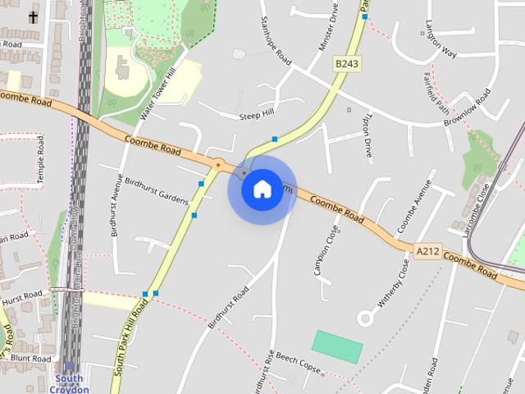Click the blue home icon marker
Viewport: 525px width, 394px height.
[261, 189]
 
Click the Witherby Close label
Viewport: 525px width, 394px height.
[393, 283]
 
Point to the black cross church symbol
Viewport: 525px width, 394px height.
[33, 16]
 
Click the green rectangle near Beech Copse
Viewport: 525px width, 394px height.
[337, 346]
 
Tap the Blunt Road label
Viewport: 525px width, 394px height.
[31, 359]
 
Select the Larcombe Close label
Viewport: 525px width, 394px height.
[477, 209]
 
